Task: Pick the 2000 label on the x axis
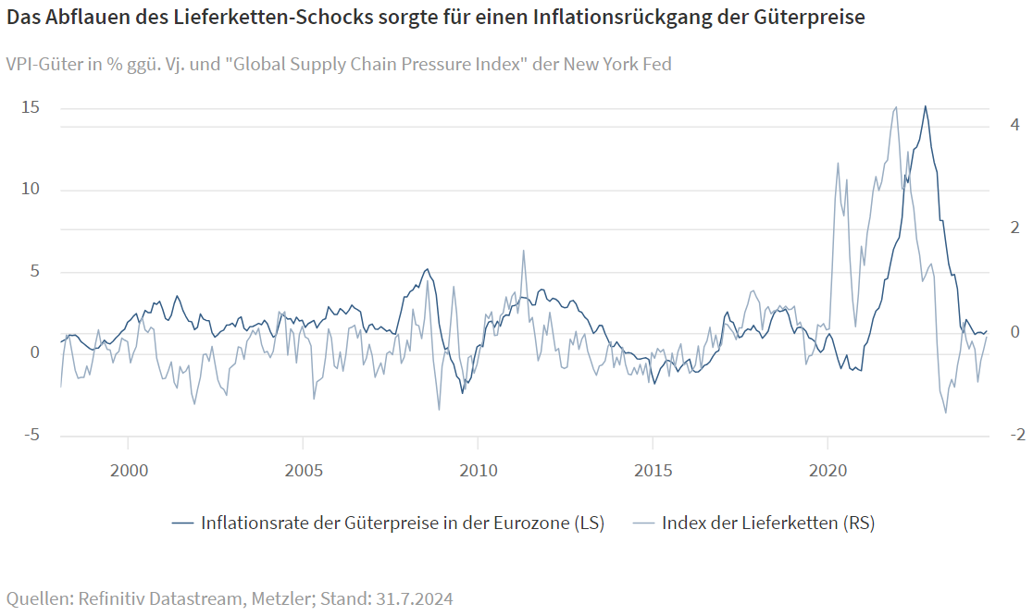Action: [129, 470]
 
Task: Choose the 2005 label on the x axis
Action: [304, 470]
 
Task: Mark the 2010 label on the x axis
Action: [479, 470]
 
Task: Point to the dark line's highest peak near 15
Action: [926, 106]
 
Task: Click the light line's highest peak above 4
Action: [896, 107]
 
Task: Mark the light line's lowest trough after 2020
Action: [946, 412]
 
